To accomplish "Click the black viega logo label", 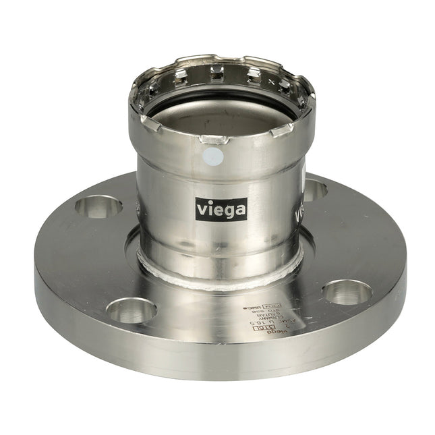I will point(221,209).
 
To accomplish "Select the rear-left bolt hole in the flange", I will point(99,206).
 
